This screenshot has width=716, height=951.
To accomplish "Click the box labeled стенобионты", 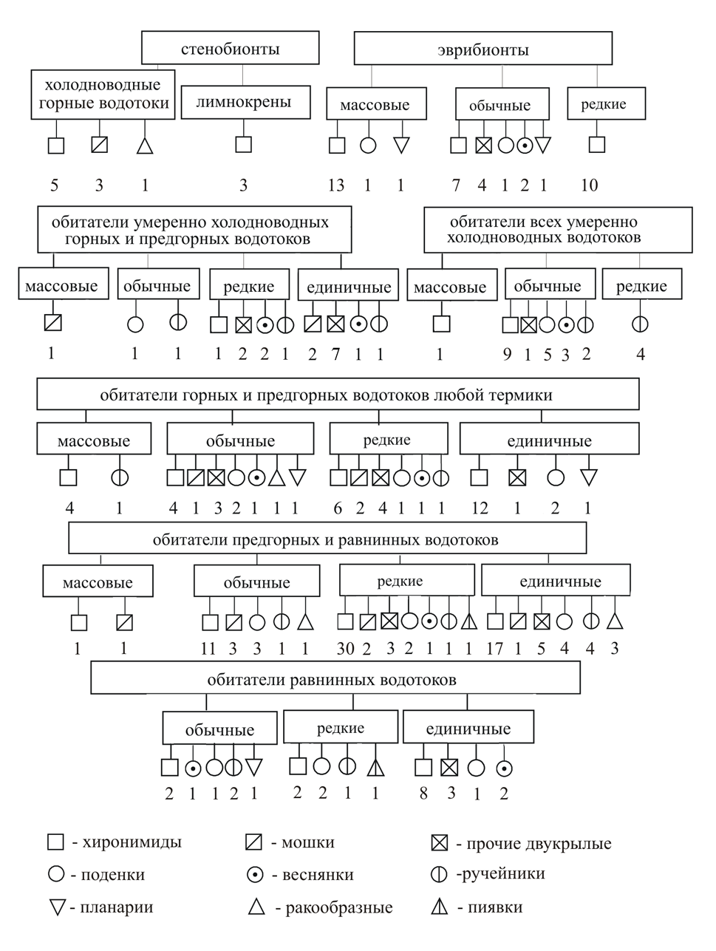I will coord(230,50).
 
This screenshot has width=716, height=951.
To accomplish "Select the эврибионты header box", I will coord(483,50).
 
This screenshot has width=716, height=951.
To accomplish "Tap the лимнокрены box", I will coord(243,102).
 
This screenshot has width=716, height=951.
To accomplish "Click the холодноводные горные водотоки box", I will coord(103,95).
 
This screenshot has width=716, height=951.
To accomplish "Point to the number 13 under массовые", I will coord(335,185).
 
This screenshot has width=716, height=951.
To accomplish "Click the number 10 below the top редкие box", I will coord(589,185).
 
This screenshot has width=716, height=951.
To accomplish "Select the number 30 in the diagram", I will coord(345,649).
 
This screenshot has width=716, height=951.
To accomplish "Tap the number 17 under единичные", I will coord(494,649).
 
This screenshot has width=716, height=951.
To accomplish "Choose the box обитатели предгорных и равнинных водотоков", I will coord(327,539).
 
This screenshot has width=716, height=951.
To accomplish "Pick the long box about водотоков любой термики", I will coord(338,395).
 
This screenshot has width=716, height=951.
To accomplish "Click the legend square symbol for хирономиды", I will coord(55,842).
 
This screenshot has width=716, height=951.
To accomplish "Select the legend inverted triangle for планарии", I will coord(56,907).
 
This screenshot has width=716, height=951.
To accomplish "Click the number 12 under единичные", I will coord(480,508).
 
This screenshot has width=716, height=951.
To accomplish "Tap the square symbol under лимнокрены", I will coord(243,144).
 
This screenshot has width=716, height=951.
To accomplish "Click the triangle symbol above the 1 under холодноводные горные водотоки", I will coord(145,146).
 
